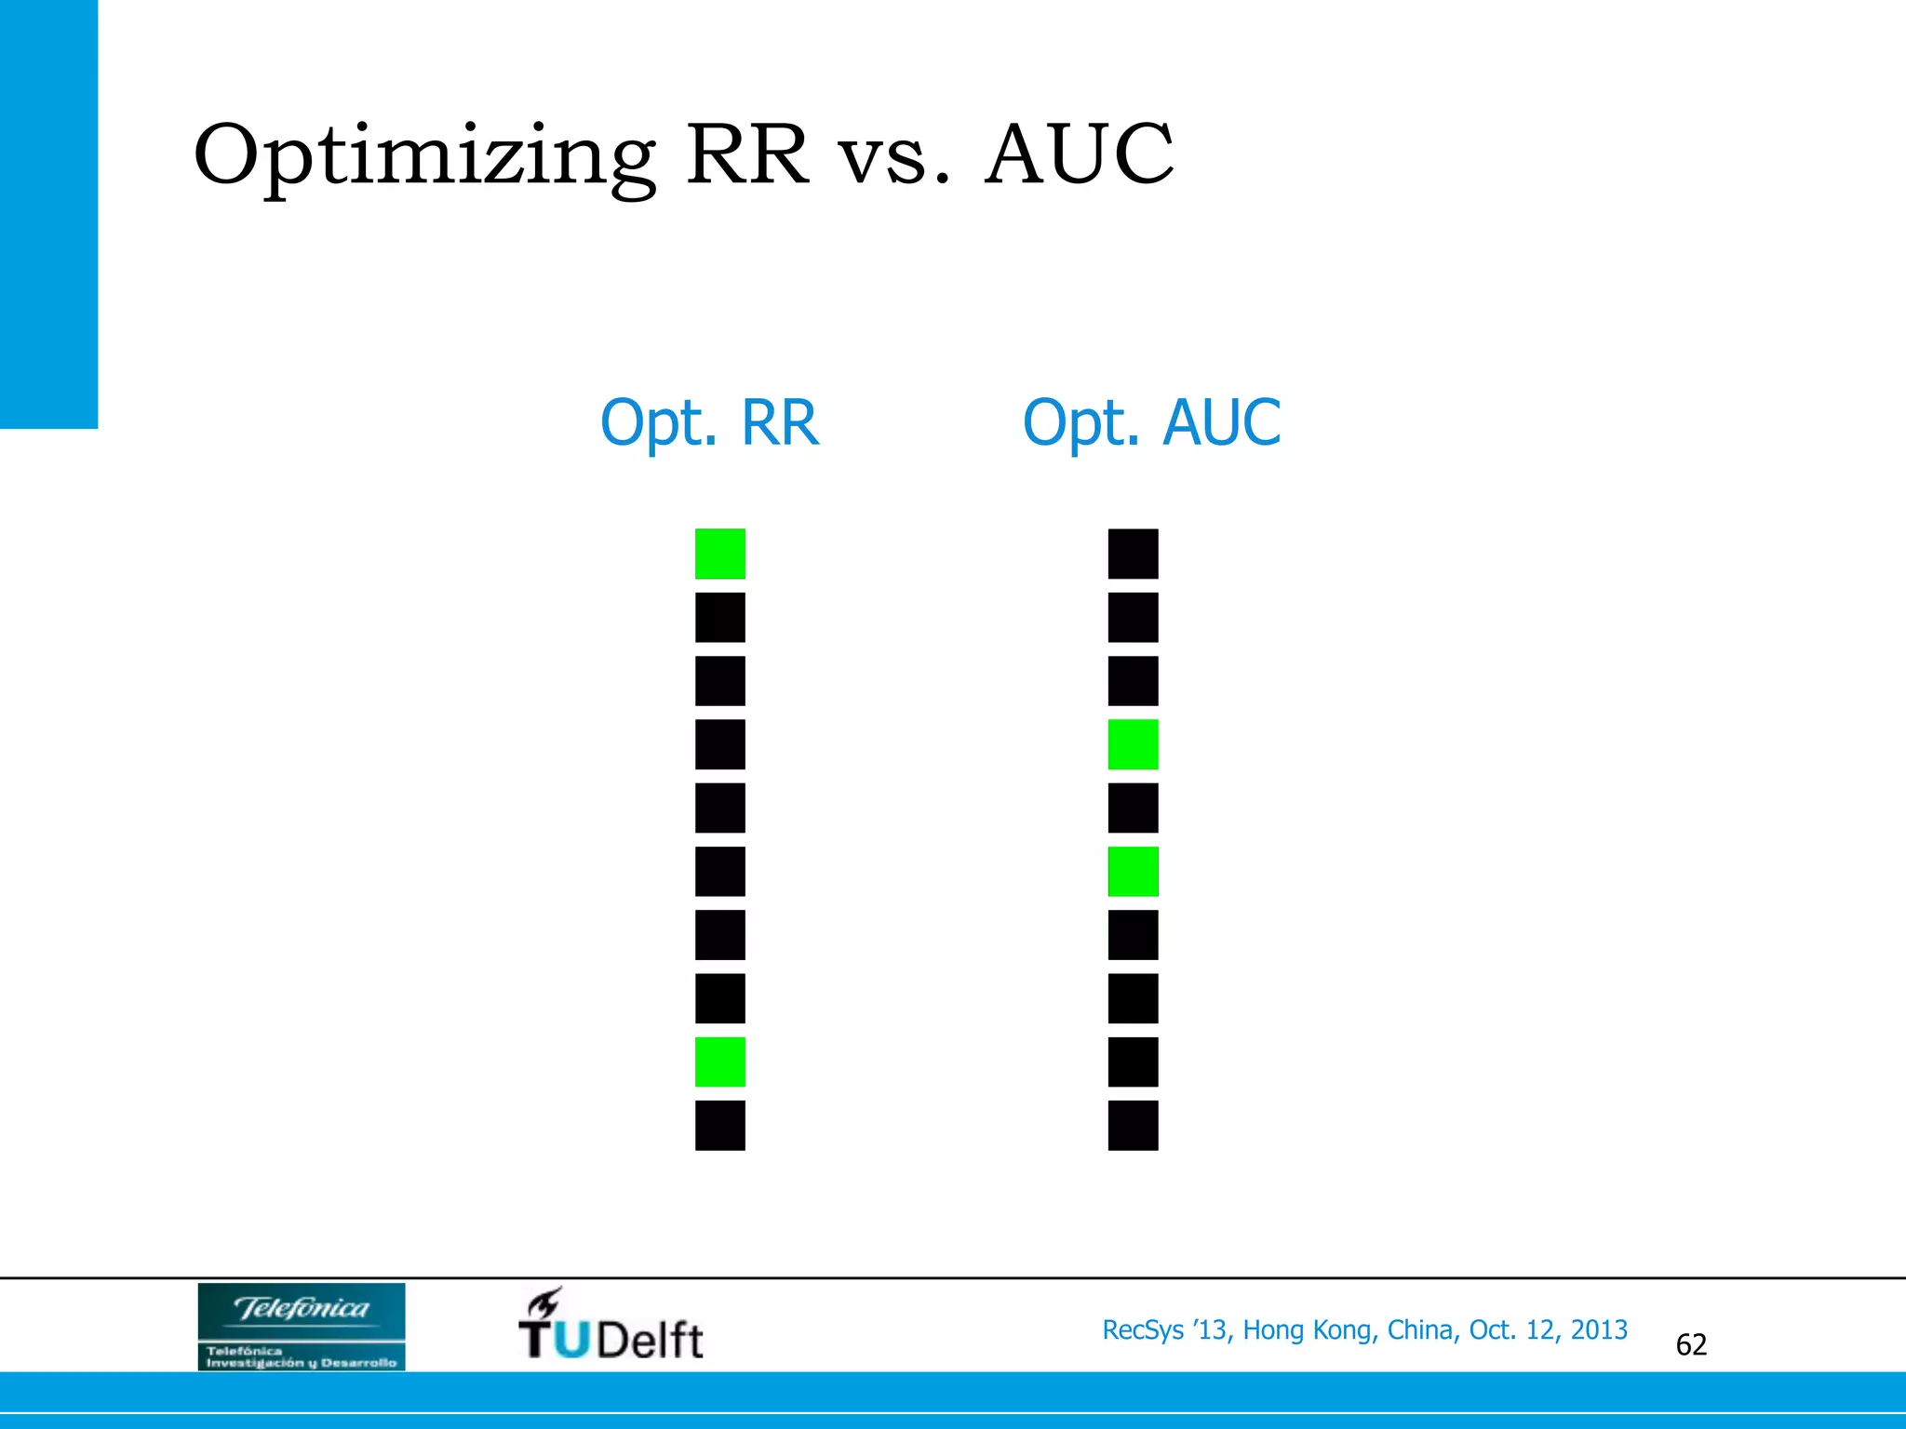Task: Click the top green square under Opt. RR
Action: click(x=720, y=554)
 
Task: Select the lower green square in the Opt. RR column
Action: click(x=720, y=1062)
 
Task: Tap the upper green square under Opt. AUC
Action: click(x=1133, y=744)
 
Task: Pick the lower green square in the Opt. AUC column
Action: click(x=1133, y=872)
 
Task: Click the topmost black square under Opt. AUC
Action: click(x=1133, y=554)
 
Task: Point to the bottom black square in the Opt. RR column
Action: click(x=720, y=1125)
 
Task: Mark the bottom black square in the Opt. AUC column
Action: click(x=1133, y=1125)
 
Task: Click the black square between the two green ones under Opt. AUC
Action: click(x=1133, y=808)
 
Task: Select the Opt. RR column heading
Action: click(x=709, y=423)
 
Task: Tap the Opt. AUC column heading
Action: click(x=1151, y=423)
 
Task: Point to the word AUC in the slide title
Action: click(x=1080, y=154)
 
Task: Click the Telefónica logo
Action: click(x=302, y=1326)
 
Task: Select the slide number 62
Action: click(x=1691, y=1344)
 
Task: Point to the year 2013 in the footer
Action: click(x=1599, y=1330)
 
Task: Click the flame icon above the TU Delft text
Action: click(x=544, y=1302)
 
